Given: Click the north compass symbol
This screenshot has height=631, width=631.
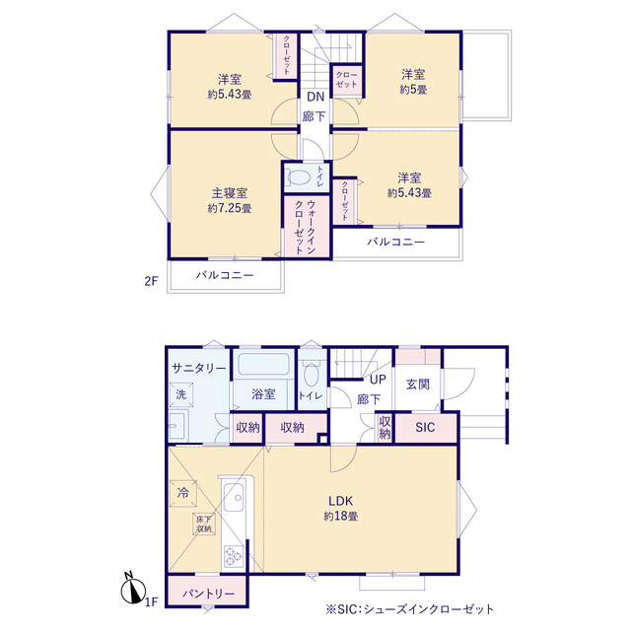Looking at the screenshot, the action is [134, 589].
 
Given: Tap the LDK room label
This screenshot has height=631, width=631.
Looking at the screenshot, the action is [340, 501].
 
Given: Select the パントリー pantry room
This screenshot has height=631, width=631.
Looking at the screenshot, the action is [208, 592].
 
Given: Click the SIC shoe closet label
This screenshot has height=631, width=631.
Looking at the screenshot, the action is [425, 427].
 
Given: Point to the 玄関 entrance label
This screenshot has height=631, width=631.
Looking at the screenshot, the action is [418, 385].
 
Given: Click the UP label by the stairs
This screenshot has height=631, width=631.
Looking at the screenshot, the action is [378, 379].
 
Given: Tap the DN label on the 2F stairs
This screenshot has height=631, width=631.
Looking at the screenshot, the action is [315, 97].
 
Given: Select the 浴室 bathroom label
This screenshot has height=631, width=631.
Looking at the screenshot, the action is [263, 394].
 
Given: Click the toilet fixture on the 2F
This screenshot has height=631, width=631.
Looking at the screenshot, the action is [298, 177].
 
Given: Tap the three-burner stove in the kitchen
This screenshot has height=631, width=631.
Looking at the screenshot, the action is [234, 556].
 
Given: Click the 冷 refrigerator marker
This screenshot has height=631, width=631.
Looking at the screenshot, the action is [183, 493].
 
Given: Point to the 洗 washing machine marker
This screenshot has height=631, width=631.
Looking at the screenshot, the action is [181, 394].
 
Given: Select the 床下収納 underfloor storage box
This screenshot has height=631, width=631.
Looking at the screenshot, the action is [204, 524].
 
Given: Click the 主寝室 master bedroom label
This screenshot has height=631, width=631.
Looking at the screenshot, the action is [230, 193].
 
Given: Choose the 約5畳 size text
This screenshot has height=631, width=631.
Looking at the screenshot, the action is [413, 90].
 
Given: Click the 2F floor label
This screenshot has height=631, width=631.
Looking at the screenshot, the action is [151, 280].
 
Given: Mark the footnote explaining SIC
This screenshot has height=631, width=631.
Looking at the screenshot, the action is [410, 609].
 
